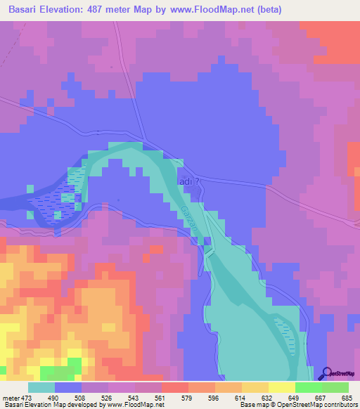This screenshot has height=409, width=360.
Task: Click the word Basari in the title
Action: pyautogui.click(x=26, y=8)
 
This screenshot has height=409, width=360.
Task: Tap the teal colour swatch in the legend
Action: pyautogui.click(x=41, y=387)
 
